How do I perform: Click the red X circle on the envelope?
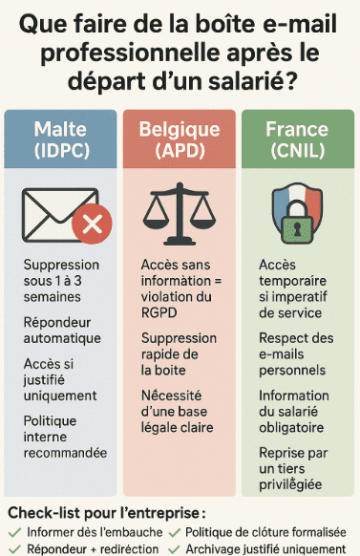(x=93, y=225)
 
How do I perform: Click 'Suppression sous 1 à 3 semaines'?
(x=61, y=280)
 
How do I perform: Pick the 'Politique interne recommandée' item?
(x=65, y=436)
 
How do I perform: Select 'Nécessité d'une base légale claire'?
(x=179, y=412)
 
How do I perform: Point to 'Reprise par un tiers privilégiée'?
(x=292, y=469)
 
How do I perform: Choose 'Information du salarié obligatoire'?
(x=296, y=412)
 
